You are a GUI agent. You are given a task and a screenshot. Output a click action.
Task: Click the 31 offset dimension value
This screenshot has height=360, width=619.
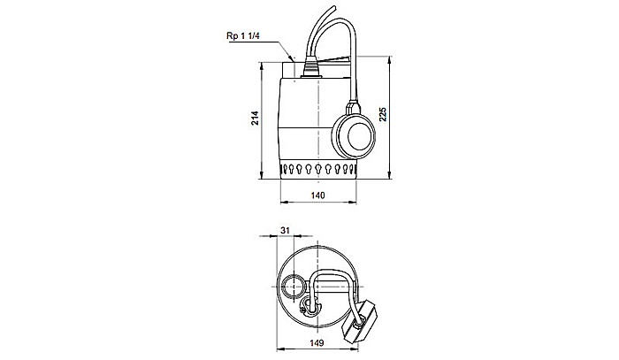(x=285, y=230)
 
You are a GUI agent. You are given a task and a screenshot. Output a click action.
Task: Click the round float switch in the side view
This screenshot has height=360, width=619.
(x=358, y=135)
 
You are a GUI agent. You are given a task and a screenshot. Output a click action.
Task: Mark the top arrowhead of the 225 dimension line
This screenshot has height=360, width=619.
(x=387, y=56)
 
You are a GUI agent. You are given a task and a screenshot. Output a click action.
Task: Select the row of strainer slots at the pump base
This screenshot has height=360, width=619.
(x=319, y=169)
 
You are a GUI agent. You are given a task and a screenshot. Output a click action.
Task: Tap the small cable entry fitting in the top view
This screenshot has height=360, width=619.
(x=309, y=307)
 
